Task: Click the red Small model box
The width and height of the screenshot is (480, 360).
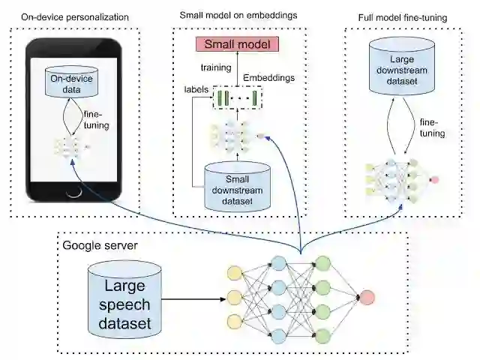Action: pos(236,43)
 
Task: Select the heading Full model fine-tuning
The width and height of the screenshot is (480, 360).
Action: pos(402,16)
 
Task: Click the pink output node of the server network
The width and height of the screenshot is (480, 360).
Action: pos(367,298)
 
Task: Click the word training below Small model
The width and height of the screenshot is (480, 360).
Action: pos(215,67)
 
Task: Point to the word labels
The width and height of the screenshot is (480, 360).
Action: pos(196,88)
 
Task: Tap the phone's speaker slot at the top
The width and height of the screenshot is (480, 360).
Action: pos(73,44)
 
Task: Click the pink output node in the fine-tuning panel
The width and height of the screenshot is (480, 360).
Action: pos(434,180)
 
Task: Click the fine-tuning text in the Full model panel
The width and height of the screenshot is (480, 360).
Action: pos(432,127)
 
